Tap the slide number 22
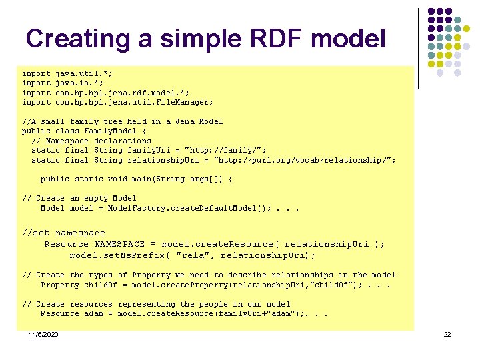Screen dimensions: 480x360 (x=447, y=334)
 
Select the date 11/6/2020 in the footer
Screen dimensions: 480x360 (x=43, y=334)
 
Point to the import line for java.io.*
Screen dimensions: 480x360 (x=63, y=83)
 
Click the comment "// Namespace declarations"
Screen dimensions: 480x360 (x=91, y=141)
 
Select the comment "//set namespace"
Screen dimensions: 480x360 (x=63, y=233)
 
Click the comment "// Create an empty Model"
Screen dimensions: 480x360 (x=79, y=198)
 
